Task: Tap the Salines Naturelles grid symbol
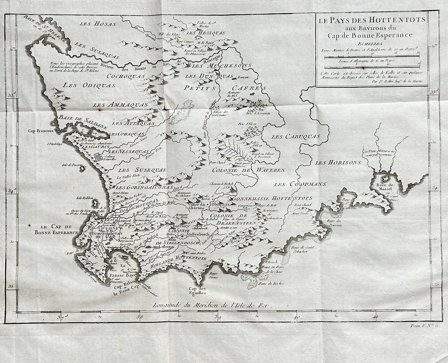(x=99, y=156)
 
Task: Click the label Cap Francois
(x=41, y=131)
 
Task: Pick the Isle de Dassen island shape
(x=82, y=167)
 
